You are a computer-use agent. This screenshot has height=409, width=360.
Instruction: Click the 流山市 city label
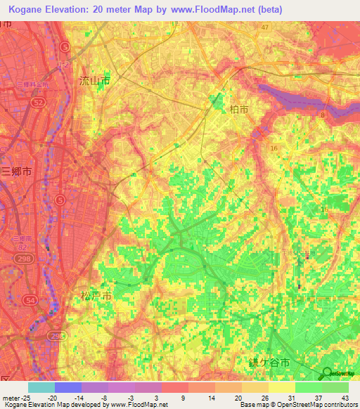pos(94,82)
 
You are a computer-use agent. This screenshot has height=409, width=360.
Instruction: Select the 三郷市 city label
pos(16,171)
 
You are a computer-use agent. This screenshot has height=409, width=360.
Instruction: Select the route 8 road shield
pos(323,114)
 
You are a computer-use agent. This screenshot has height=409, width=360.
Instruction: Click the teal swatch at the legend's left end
pos(41,387)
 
